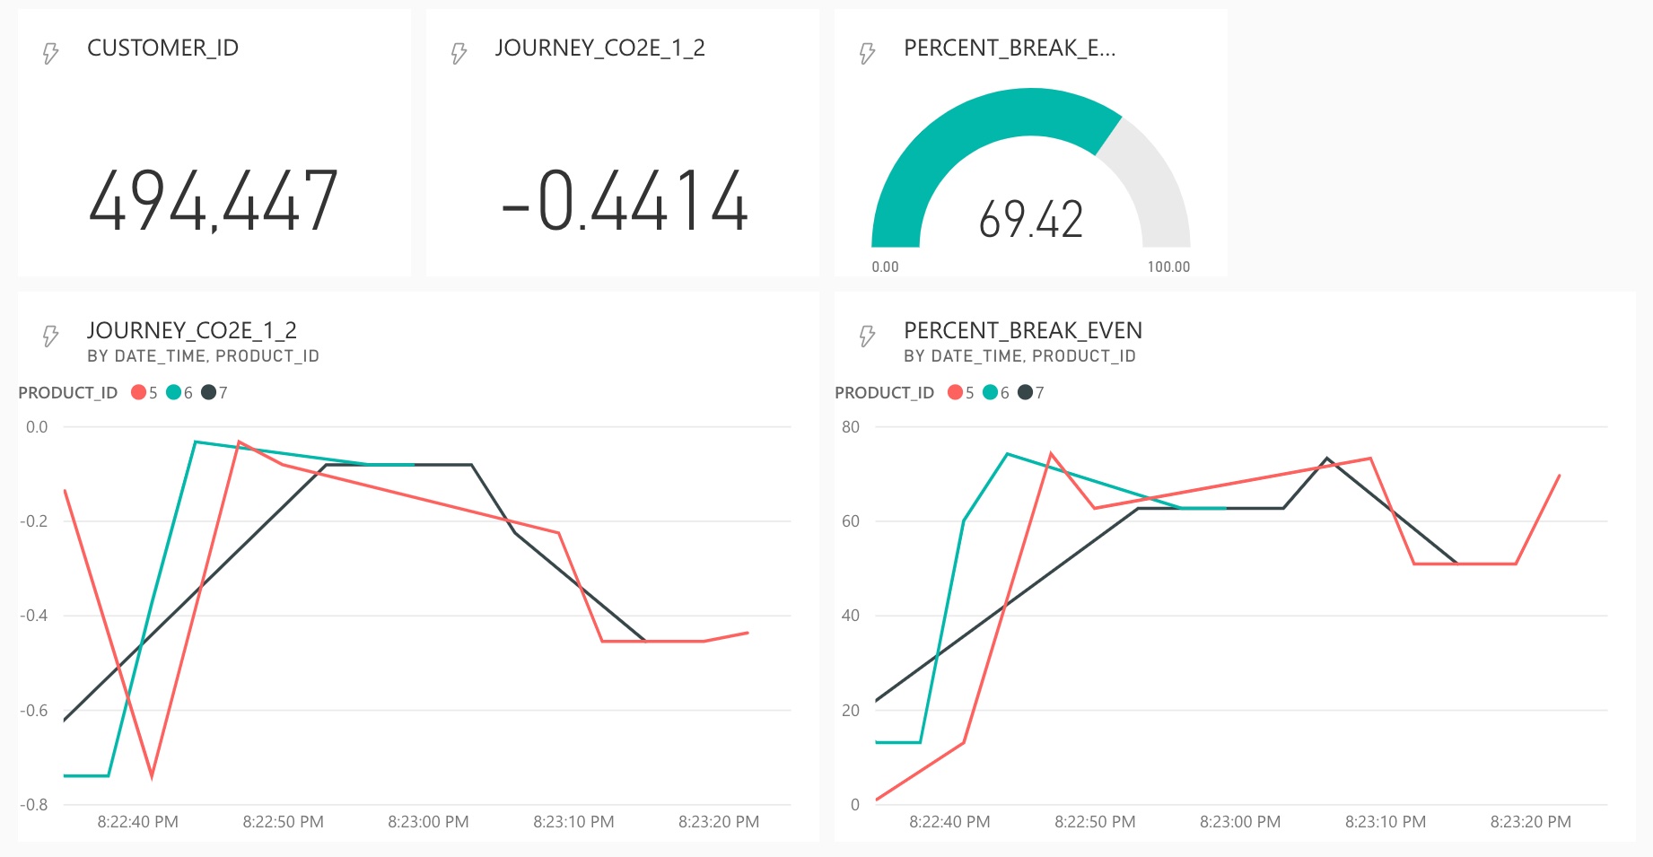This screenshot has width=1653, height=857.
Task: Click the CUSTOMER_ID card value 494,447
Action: (x=214, y=201)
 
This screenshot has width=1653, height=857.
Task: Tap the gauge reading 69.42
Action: (x=1031, y=220)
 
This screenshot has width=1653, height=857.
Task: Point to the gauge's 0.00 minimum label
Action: (x=885, y=267)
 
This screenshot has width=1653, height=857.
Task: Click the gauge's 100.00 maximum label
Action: (x=1168, y=267)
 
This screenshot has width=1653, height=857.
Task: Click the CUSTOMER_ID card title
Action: (x=162, y=48)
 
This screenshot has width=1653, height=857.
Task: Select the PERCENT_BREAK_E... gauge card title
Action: (x=1010, y=48)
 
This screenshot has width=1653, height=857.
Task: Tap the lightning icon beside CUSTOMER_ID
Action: (x=51, y=53)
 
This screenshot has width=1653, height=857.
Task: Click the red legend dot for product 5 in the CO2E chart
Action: (x=138, y=392)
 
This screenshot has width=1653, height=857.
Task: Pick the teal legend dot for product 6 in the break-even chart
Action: (x=991, y=392)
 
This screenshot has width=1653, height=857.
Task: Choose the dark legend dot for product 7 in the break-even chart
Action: (x=1025, y=392)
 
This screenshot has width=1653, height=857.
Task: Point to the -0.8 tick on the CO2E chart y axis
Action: (x=34, y=804)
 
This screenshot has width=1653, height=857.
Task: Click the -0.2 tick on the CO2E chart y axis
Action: (x=34, y=521)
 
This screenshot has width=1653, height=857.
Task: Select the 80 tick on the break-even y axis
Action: (x=851, y=427)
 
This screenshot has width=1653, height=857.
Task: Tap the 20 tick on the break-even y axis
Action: (x=851, y=710)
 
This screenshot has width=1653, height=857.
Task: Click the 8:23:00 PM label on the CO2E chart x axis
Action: (x=428, y=822)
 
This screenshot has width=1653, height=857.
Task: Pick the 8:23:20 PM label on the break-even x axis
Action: (x=1530, y=822)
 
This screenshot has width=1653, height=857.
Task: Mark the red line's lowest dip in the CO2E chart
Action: (x=152, y=776)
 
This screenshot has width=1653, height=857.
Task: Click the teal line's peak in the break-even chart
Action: (x=1008, y=454)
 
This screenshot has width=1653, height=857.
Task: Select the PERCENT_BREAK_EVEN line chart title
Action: (x=1023, y=330)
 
